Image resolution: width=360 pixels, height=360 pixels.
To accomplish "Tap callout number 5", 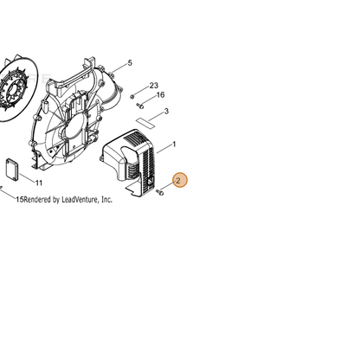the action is click(130, 63).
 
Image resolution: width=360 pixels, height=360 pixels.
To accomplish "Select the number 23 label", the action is click(154, 86).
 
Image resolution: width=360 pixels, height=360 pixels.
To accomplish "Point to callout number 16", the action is click(160, 95).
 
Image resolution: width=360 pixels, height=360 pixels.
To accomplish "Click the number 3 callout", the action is click(166, 112).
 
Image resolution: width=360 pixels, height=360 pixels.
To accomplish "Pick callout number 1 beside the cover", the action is click(174, 145).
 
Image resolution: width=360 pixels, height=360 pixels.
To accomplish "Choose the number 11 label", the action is click(39, 183).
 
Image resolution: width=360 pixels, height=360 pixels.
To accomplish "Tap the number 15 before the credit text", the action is click(20, 199).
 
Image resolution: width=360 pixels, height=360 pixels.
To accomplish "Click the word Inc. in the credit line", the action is click(106, 199).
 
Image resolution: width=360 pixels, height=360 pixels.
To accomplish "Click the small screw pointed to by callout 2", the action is click(159, 192).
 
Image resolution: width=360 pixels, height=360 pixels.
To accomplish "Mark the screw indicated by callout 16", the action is click(140, 106).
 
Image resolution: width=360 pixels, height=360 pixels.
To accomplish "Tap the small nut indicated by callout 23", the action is click(132, 96).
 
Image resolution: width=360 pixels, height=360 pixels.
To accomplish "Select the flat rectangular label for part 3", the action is click(145, 122).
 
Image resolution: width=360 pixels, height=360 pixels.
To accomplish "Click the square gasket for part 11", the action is click(12, 168).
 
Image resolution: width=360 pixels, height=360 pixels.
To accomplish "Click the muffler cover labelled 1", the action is click(129, 163).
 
